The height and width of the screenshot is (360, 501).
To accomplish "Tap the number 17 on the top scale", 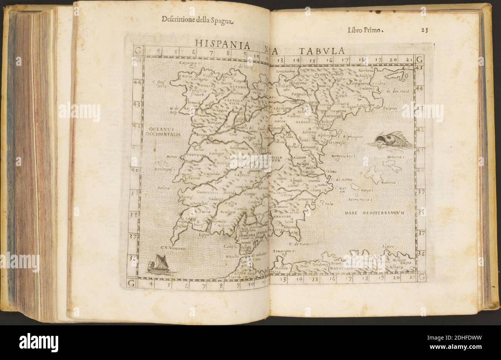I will click(x=345, y=60).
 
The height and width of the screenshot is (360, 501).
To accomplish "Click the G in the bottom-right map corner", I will click(x=421, y=276).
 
